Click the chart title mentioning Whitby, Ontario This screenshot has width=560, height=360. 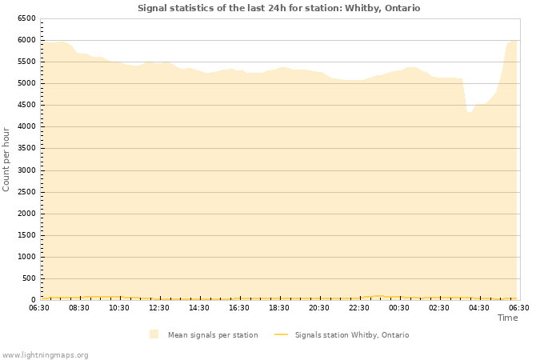[278, 8]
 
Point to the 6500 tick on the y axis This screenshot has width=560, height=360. [26, 18]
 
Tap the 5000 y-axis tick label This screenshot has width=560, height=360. [26, 83]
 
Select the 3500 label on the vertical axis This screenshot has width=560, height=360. [26, 148]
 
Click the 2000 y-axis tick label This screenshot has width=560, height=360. [26, 214]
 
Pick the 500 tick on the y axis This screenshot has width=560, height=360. [29, 278]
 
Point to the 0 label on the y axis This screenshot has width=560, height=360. [34, 300]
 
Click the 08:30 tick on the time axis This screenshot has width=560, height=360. [79, 307]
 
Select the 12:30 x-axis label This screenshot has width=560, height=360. [159, 307]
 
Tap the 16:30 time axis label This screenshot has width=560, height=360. [239, 307]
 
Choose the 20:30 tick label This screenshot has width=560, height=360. [319, 307]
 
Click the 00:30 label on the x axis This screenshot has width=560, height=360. [399, 307]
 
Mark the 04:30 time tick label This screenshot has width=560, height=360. [479, 307]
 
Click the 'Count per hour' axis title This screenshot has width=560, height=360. [6, 158]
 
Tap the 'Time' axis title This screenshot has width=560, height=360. [507, 318]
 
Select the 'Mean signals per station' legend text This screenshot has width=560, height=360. [212, 335]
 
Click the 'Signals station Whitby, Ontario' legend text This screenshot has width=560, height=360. [351, 335]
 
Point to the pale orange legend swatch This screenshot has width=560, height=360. [154, 334]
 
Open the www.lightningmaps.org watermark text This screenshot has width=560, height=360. [45, 354]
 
